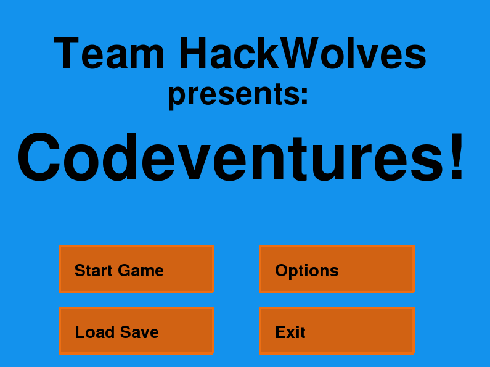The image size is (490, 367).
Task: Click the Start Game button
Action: (136, 269)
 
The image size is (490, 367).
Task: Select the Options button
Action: (337, 269)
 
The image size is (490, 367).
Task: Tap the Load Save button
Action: (136, 331)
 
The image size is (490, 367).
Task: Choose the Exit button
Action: (337, 331)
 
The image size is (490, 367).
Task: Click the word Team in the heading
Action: (109, 53)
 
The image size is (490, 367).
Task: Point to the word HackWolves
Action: (303, 53)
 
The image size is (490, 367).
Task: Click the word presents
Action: (233, 95)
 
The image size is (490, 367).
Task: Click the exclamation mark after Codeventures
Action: (457, 156)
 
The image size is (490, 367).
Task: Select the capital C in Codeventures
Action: (39, 157)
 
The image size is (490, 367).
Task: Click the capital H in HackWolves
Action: (193, 53)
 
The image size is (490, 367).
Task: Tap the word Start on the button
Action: (93, 270)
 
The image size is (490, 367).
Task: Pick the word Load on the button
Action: (94, 332)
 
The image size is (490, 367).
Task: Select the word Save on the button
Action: (139, 332)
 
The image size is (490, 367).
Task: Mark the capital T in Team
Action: (66, 53)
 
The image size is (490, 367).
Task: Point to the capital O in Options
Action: (282, 270)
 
